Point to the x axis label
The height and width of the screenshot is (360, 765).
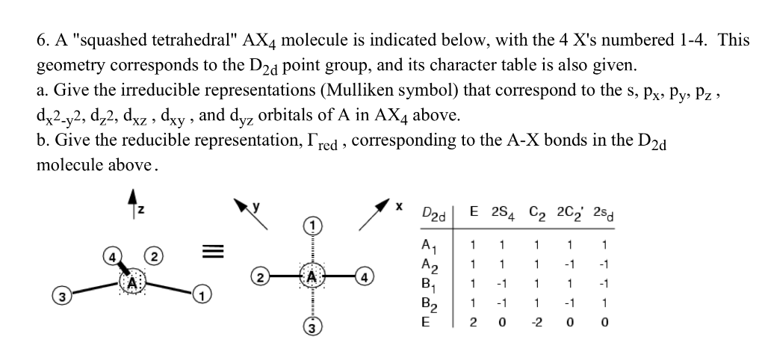tap(399, 203)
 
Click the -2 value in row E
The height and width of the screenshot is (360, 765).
tap(533, 323)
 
